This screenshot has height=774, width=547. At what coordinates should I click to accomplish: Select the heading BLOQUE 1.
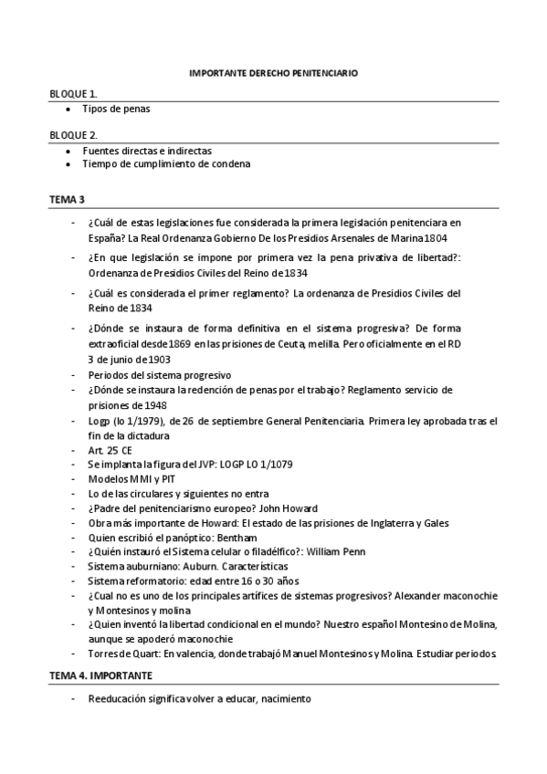(74, 93)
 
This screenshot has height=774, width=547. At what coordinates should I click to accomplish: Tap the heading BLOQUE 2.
(74, 135)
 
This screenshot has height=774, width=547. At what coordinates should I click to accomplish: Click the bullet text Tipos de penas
(116, 109)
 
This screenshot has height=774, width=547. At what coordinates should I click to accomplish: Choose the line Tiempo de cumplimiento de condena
(166, 164)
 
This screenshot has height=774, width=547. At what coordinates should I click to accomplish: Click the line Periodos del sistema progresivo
(160, 375)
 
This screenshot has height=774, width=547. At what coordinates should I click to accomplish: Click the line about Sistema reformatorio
(206, 580)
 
